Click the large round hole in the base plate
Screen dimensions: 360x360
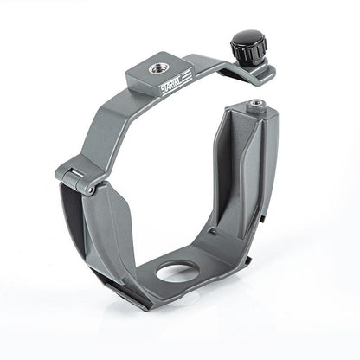(178, 273)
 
